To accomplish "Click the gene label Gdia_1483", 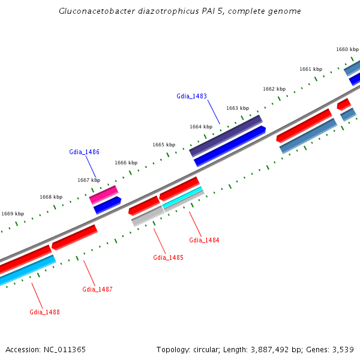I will pos(191,96).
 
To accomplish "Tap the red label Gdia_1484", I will pos(204,240).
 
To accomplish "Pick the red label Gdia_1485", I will pos(168,257).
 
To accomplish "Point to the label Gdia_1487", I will pos(97,289).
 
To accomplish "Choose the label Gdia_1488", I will pos(44,312).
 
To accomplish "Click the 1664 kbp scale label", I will pos(201,127).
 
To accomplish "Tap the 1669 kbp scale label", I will pos(13,214).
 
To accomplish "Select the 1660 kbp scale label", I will pos(347,49).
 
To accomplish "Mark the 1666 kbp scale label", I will pos(126,163).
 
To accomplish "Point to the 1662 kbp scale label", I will pos(274,89).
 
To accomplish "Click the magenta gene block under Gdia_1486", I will pos(104,194).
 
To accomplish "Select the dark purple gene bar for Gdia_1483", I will pos(226,136).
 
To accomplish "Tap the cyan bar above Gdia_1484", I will pos(184,197).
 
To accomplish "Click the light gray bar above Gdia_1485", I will pos(148,216).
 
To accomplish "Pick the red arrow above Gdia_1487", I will pos(74,237).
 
